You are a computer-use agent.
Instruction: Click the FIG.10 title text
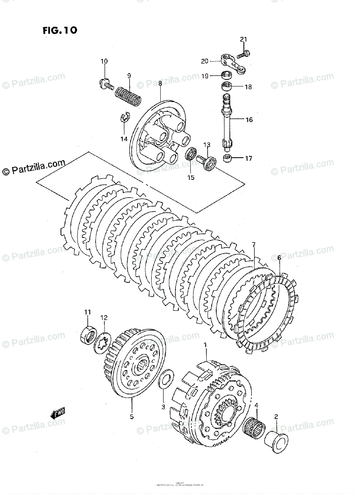tap(59, 30)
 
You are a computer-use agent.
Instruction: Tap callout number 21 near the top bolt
tap(243, 40)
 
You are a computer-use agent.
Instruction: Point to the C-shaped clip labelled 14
tap(125, 118)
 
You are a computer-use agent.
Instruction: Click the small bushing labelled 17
tap(227, 158)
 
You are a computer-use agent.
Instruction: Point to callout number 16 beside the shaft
tap(249, 120)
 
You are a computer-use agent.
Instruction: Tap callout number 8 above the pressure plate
tap(160, 83)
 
